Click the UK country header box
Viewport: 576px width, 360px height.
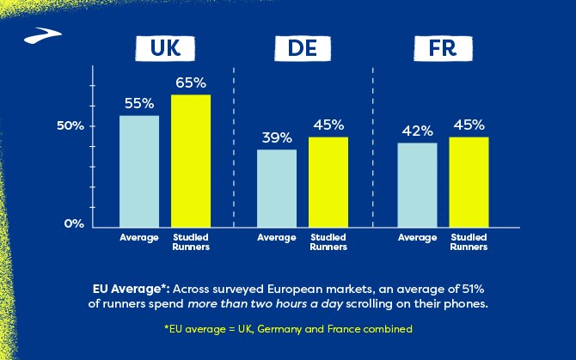[x=165, y=50]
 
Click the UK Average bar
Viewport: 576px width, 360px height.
[x=138, y=170]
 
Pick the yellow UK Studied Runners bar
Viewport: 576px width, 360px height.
[x=191, y=160]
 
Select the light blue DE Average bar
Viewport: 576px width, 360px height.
[x=277, y=187]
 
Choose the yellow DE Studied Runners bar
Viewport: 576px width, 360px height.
[x=328, y=181]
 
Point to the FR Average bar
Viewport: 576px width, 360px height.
[x=417, y=184]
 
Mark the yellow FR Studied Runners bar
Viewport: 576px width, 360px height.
[x=469, y=181]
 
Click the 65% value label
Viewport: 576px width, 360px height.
[x=191, y=83]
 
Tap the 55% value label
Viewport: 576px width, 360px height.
[x=138, y=104]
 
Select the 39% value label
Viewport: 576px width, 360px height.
[x=277, y=137]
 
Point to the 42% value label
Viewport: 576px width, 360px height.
[x=417, y=131]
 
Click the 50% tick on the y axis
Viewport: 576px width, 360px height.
[x=70, y=125]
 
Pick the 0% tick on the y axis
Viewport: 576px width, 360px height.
[x=75, y=223]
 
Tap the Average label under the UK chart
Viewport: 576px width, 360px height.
[x=138, y=237]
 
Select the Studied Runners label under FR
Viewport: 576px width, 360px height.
[x=469, y=241]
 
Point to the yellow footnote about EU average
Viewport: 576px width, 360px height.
[x=288, y=329]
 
